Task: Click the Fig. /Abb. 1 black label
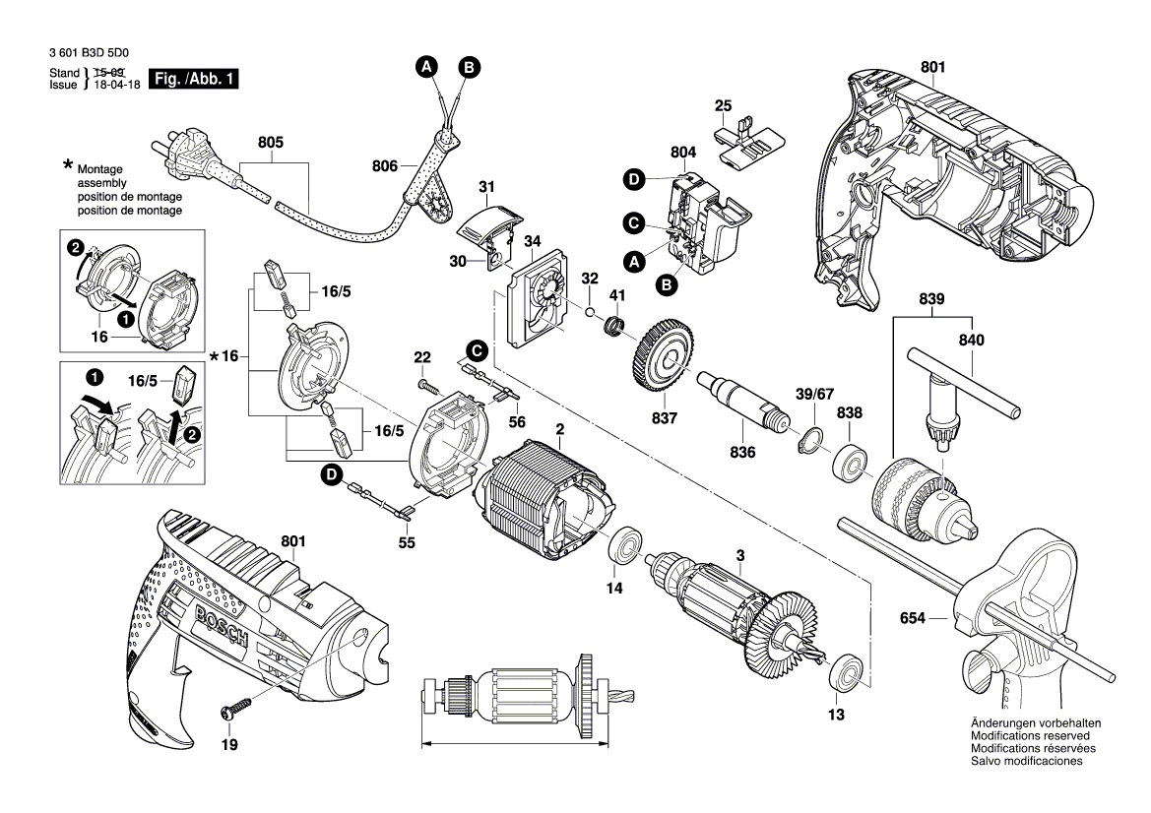pos(192,79)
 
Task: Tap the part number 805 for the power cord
pos(271,143)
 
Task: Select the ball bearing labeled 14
pos(624,546)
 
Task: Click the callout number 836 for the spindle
pos(742,452)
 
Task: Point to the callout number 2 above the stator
pos(559,429)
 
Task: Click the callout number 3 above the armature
pos(739,555)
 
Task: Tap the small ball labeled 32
pos(588,312)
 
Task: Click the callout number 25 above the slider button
pos(723,105)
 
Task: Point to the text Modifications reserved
pos(1029,735)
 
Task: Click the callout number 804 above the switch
pos(683,153)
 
